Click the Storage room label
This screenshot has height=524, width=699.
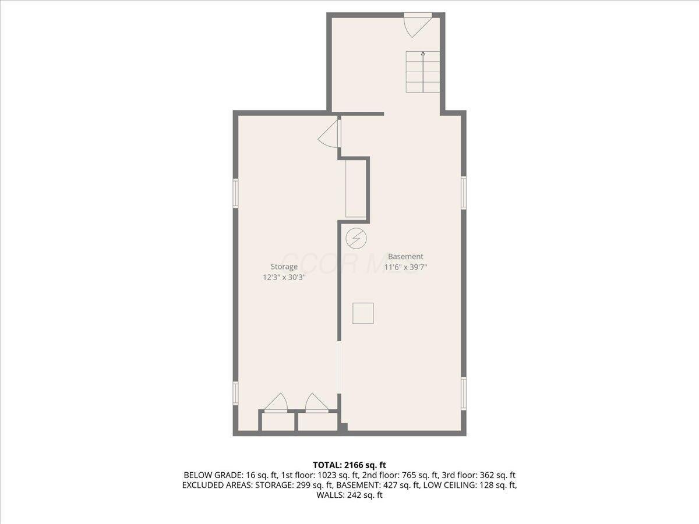pyautogui.click(x=284, y=267)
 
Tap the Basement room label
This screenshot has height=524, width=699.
pyautogui.click(x=405, y=256)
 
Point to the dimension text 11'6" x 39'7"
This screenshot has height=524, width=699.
pyautogui.click(x=405, y=267)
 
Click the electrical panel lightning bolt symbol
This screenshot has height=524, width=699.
pyautogui.click(x=355, y=238)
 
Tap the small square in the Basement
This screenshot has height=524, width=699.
pyautogui.click(x=363, y=313)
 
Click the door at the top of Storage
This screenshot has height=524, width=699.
pyautogui.click(x=329, y=134)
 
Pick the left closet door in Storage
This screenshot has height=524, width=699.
pyautogui.click(x=276, y=403)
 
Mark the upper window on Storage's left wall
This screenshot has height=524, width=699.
pyautogui.click(x=236, y=193)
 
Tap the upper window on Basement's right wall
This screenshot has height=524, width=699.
pyautogui.click(x=464, y=192)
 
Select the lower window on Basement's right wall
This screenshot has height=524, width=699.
pyautogui.click(x=464, y=393)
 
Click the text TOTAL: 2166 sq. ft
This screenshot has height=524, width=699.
pyautogui.click(x=349, y=465)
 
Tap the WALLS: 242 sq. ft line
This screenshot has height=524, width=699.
pyautogui.click(x=349, y=495)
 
